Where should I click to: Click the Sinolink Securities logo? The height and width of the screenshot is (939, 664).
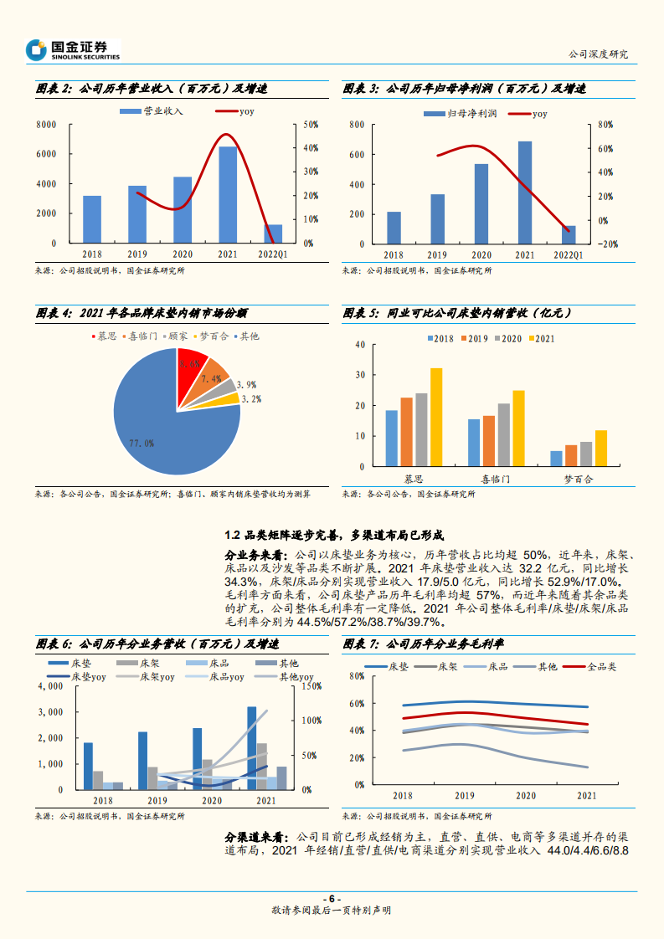pyautogui.click(x=73, y=49)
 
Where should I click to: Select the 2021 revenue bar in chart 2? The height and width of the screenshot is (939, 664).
pyautogui.click(x=228, y=194)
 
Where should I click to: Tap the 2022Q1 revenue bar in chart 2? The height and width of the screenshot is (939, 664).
pyautogui.click(x=273, y=233)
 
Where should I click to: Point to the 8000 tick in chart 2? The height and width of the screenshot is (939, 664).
pyautogui.click(x=46, y=125)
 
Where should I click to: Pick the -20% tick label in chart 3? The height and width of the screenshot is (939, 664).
pyautogui.click(x=608, y=244)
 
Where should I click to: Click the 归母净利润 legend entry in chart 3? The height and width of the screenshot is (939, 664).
pyautogui.click(x=460, y=112)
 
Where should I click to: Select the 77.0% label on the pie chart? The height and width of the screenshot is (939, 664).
pyautogui.click(x=142, y=443)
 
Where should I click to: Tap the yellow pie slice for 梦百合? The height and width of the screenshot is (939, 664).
pyautogui.click(x=227, y=399)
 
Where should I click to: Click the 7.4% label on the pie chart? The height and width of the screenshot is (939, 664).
pyautogui.click(x=211, y=379)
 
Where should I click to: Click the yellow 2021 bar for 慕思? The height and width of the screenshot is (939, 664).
pyautogui.click(x=435, y=418)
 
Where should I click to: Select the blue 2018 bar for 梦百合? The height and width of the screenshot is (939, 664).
pyautogui.click(x=556, y=459)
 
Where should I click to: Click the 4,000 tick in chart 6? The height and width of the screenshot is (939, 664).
pyautogui.click(x=51, y=686)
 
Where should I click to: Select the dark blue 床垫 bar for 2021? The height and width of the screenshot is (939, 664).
pyautogui.click(x=251, y=747)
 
